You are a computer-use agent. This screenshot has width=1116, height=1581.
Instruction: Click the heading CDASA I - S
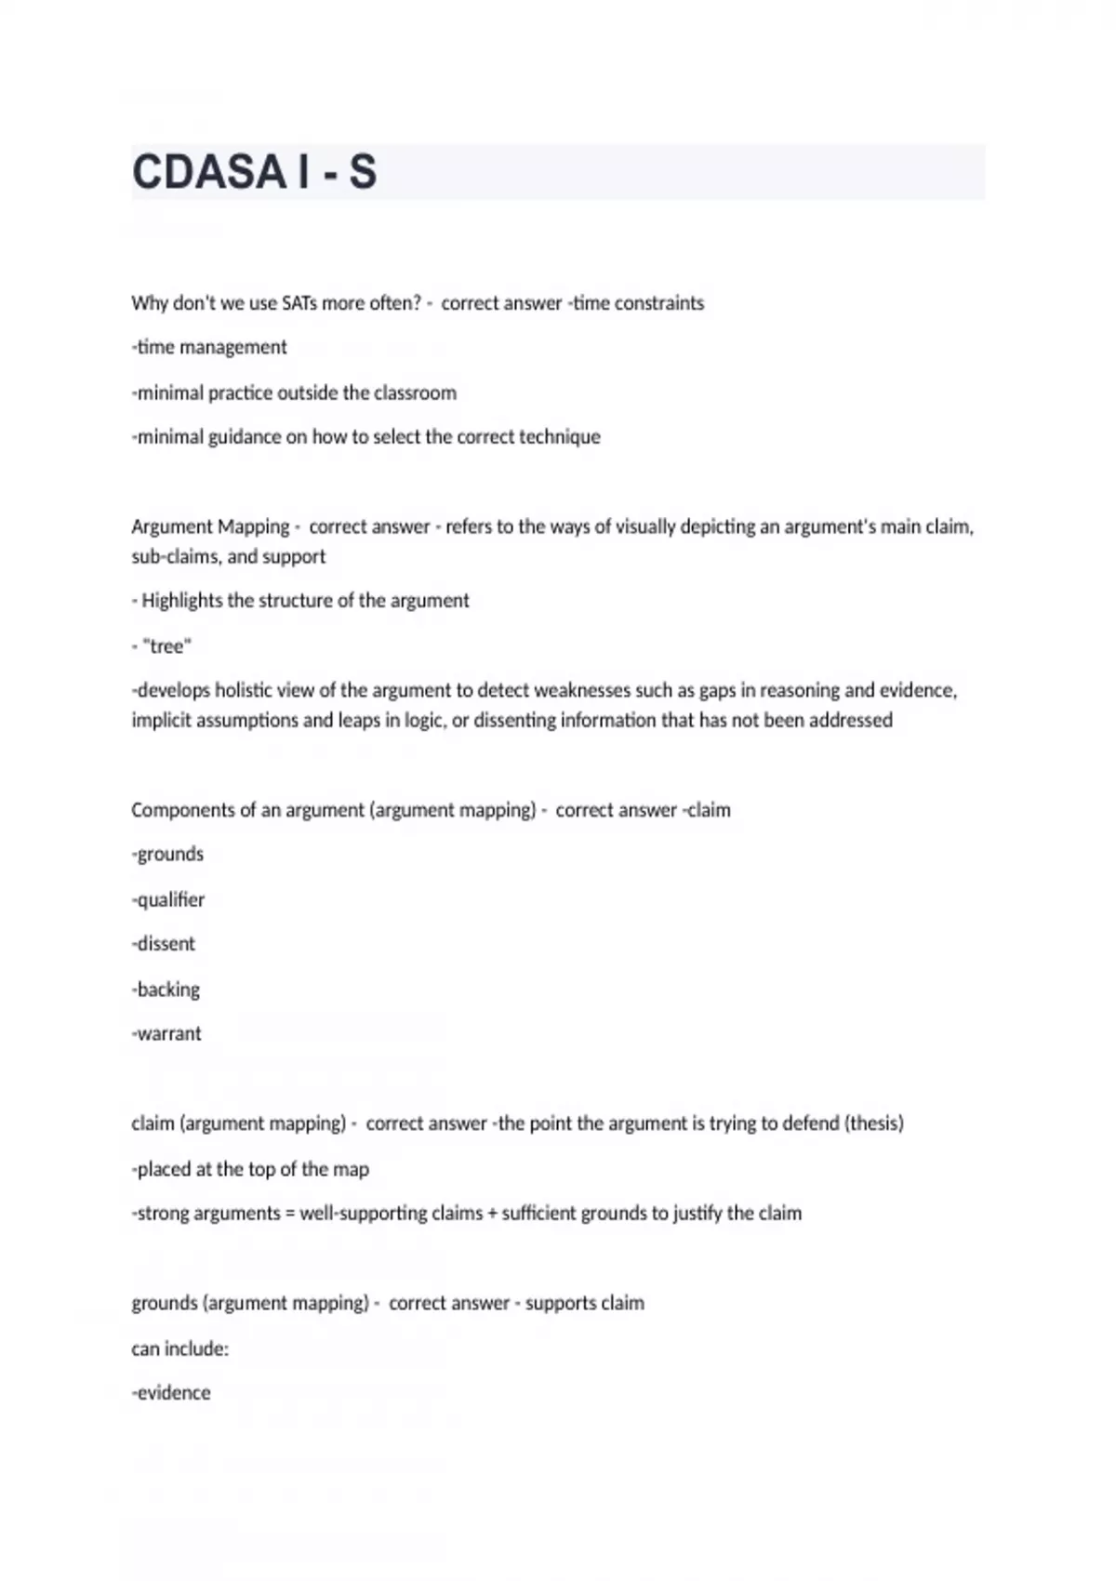pos(254,172)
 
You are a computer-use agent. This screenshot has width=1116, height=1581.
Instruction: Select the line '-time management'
pos(209,348)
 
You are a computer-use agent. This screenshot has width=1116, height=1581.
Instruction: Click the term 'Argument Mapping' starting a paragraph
pos(210,527)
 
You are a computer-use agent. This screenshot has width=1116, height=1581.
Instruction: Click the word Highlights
pos(182,601)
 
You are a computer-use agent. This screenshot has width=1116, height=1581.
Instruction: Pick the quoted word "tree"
pos(167,646)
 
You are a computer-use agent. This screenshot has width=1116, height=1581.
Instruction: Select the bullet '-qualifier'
pos(168,900)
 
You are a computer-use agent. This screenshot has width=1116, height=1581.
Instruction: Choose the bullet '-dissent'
pos(164,944)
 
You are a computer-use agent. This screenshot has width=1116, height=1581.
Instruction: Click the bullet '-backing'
pos(166,990)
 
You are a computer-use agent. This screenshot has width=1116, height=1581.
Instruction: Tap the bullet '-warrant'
pos(166,1033)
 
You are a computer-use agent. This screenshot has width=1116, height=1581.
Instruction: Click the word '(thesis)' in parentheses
pos(873,1123)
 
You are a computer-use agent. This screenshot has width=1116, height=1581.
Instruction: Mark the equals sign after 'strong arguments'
pos(289,1214)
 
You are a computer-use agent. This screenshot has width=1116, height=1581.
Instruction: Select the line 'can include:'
pos(179,1348)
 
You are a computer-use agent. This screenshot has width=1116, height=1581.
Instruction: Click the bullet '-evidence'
pos(171,1393)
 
